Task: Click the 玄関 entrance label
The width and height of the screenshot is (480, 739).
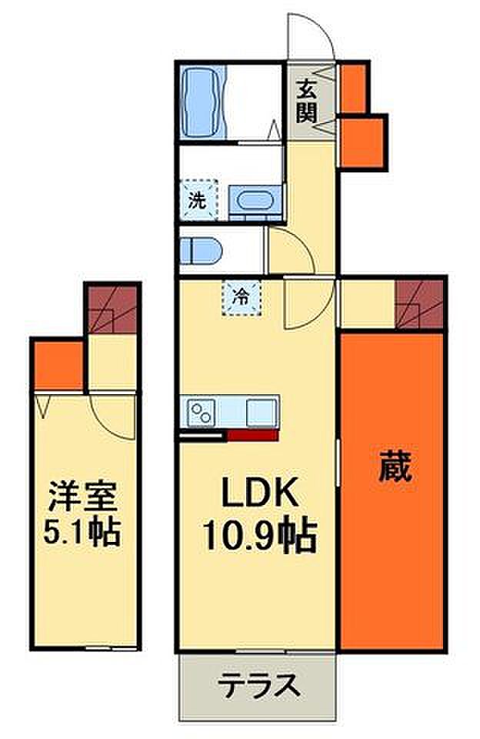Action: pos(306,102)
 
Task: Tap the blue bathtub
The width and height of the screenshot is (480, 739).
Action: pos(204,101)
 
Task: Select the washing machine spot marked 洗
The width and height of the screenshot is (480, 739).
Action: pos(198,200)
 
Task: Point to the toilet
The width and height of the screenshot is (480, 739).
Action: pos(201,250)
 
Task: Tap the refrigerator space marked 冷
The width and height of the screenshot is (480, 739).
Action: pos(242,297)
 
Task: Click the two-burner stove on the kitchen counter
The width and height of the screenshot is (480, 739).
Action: pos(202,413)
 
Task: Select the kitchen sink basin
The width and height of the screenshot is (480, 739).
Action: pos(262,412)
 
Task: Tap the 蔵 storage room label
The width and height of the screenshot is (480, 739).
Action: pos(395,466)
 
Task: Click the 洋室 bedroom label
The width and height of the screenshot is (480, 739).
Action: pos(83,496)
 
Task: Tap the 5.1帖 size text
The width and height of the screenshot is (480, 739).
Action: pos(82,532)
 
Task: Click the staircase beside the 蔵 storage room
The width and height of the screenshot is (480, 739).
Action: pos(418,303)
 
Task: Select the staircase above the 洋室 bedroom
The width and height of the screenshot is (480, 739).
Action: pos(112,309)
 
